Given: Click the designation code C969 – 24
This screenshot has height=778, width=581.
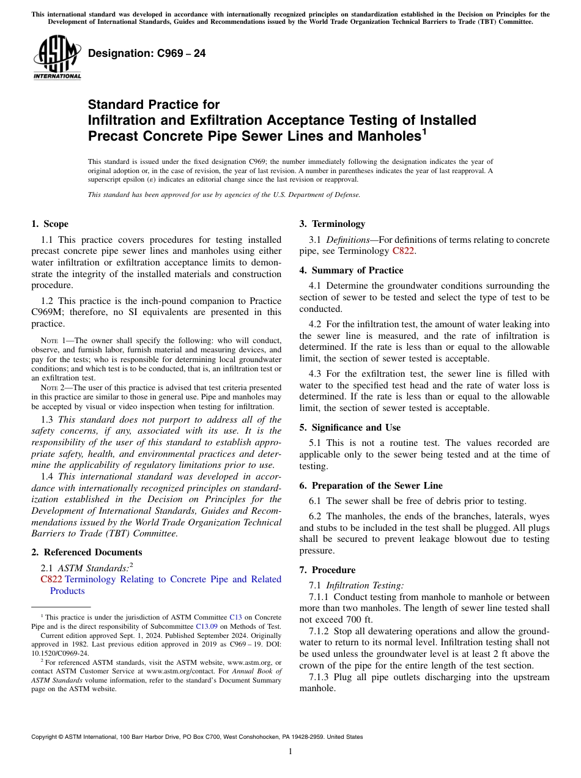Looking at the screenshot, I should tap(147, 53).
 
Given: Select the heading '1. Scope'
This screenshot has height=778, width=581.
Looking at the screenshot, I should tap(50, 224).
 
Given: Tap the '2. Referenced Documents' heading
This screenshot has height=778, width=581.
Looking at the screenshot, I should tap(86, 552).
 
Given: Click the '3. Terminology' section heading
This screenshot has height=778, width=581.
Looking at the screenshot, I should tap(332, 224).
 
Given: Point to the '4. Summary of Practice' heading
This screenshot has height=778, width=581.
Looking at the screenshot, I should tap(351, 270).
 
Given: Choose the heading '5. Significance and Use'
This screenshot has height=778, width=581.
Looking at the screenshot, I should tap(350, 428).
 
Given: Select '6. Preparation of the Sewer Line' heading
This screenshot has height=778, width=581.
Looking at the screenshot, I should tap(371, 486).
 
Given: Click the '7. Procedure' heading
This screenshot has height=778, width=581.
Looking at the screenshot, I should tap(327, 570).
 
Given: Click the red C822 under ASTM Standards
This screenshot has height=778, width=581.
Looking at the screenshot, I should tap(51, 579).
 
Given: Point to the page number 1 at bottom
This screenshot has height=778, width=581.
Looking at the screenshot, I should tap(290, 752).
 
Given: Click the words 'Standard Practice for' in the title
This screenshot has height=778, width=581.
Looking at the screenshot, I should tap(154, 105).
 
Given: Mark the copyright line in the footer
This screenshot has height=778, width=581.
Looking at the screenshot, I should tap(197, 737).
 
